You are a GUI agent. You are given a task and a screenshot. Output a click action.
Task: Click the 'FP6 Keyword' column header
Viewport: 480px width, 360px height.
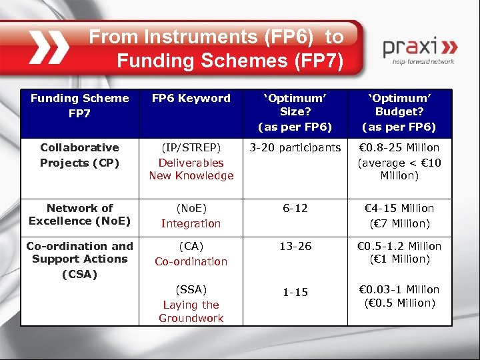coord(191,99)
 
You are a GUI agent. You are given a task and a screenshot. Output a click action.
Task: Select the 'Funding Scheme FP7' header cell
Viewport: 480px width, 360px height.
coord(79,105)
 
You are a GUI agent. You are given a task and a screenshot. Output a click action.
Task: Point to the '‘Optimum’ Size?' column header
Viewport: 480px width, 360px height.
coord(295,112)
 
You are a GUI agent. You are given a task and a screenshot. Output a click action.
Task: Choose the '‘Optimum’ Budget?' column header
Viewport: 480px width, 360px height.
coord(399,112)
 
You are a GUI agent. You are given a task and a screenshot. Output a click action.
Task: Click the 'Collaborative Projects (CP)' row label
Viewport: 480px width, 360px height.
coord(79,155)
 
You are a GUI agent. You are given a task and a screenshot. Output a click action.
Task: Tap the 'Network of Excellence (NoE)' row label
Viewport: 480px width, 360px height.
coord(79,214)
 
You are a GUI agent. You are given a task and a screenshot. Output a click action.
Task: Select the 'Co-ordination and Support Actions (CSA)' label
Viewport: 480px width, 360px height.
coord(79,259)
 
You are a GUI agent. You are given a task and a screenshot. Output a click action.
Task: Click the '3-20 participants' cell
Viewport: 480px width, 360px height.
coord(295,147)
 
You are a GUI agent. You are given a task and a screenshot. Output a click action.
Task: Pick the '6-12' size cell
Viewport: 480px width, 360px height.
coord(295,208)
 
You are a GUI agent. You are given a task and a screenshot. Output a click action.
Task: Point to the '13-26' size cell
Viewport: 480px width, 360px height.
coord(295,246)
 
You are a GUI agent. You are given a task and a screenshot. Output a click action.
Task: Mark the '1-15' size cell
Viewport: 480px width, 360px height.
coord(295,292)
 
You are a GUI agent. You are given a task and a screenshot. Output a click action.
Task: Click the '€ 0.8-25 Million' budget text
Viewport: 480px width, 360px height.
coord(399,147)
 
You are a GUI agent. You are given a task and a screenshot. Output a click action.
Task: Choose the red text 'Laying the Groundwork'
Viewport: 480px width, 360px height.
coord(191,311)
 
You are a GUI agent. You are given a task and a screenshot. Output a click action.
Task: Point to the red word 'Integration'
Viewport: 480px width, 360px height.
coord(191,223)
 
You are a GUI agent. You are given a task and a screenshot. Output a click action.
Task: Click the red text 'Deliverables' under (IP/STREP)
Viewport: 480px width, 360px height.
coord(191,162)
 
